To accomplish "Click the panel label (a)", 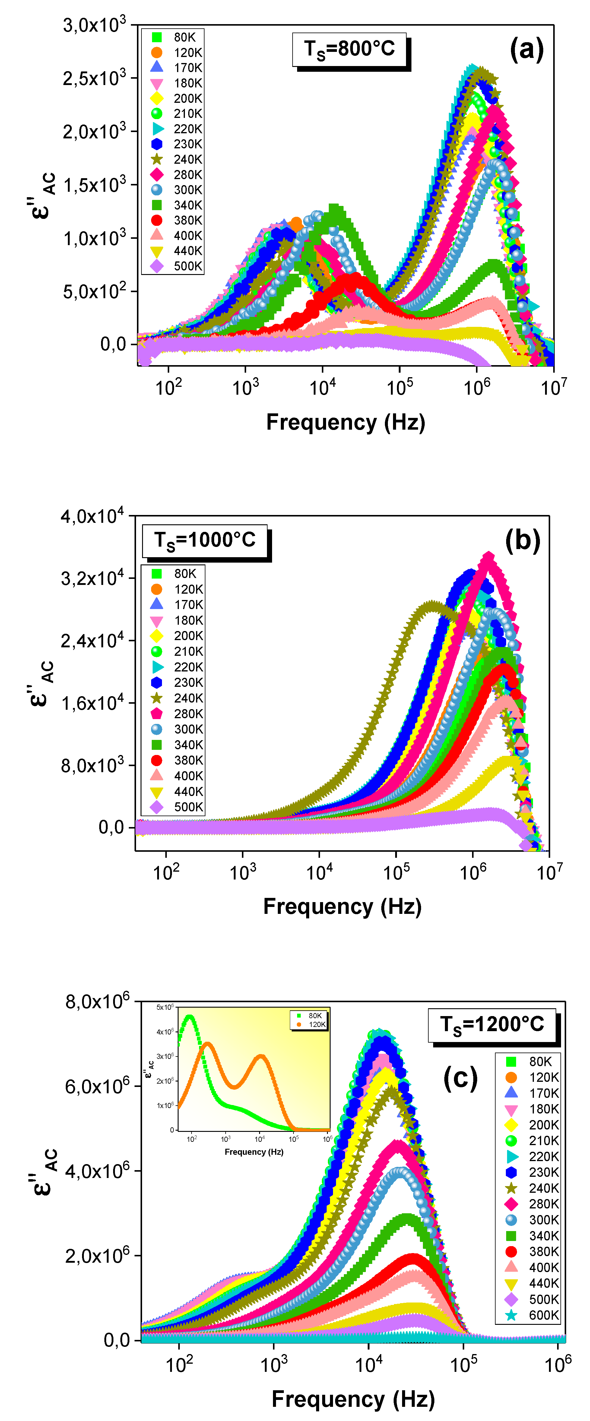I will pyautogui.click(x=526, y=50).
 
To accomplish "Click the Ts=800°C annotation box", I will pyautogui.click(x=349, y=50).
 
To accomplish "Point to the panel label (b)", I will pyautogui.click(x=522, y=541).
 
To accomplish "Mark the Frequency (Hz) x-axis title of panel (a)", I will pyautogui.click(x=345, y=422).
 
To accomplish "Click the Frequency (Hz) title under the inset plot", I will pyautogui.click(x=254, y=1152).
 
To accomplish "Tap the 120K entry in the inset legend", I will pyautogui.click(x=312, y=1025).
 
